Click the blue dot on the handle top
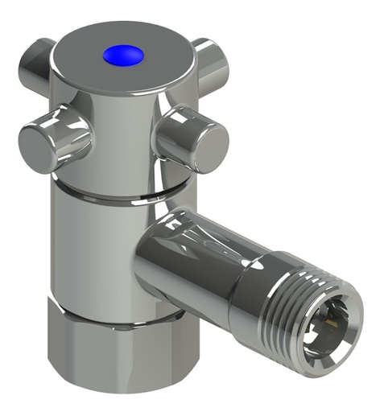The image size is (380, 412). coord(123,55)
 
